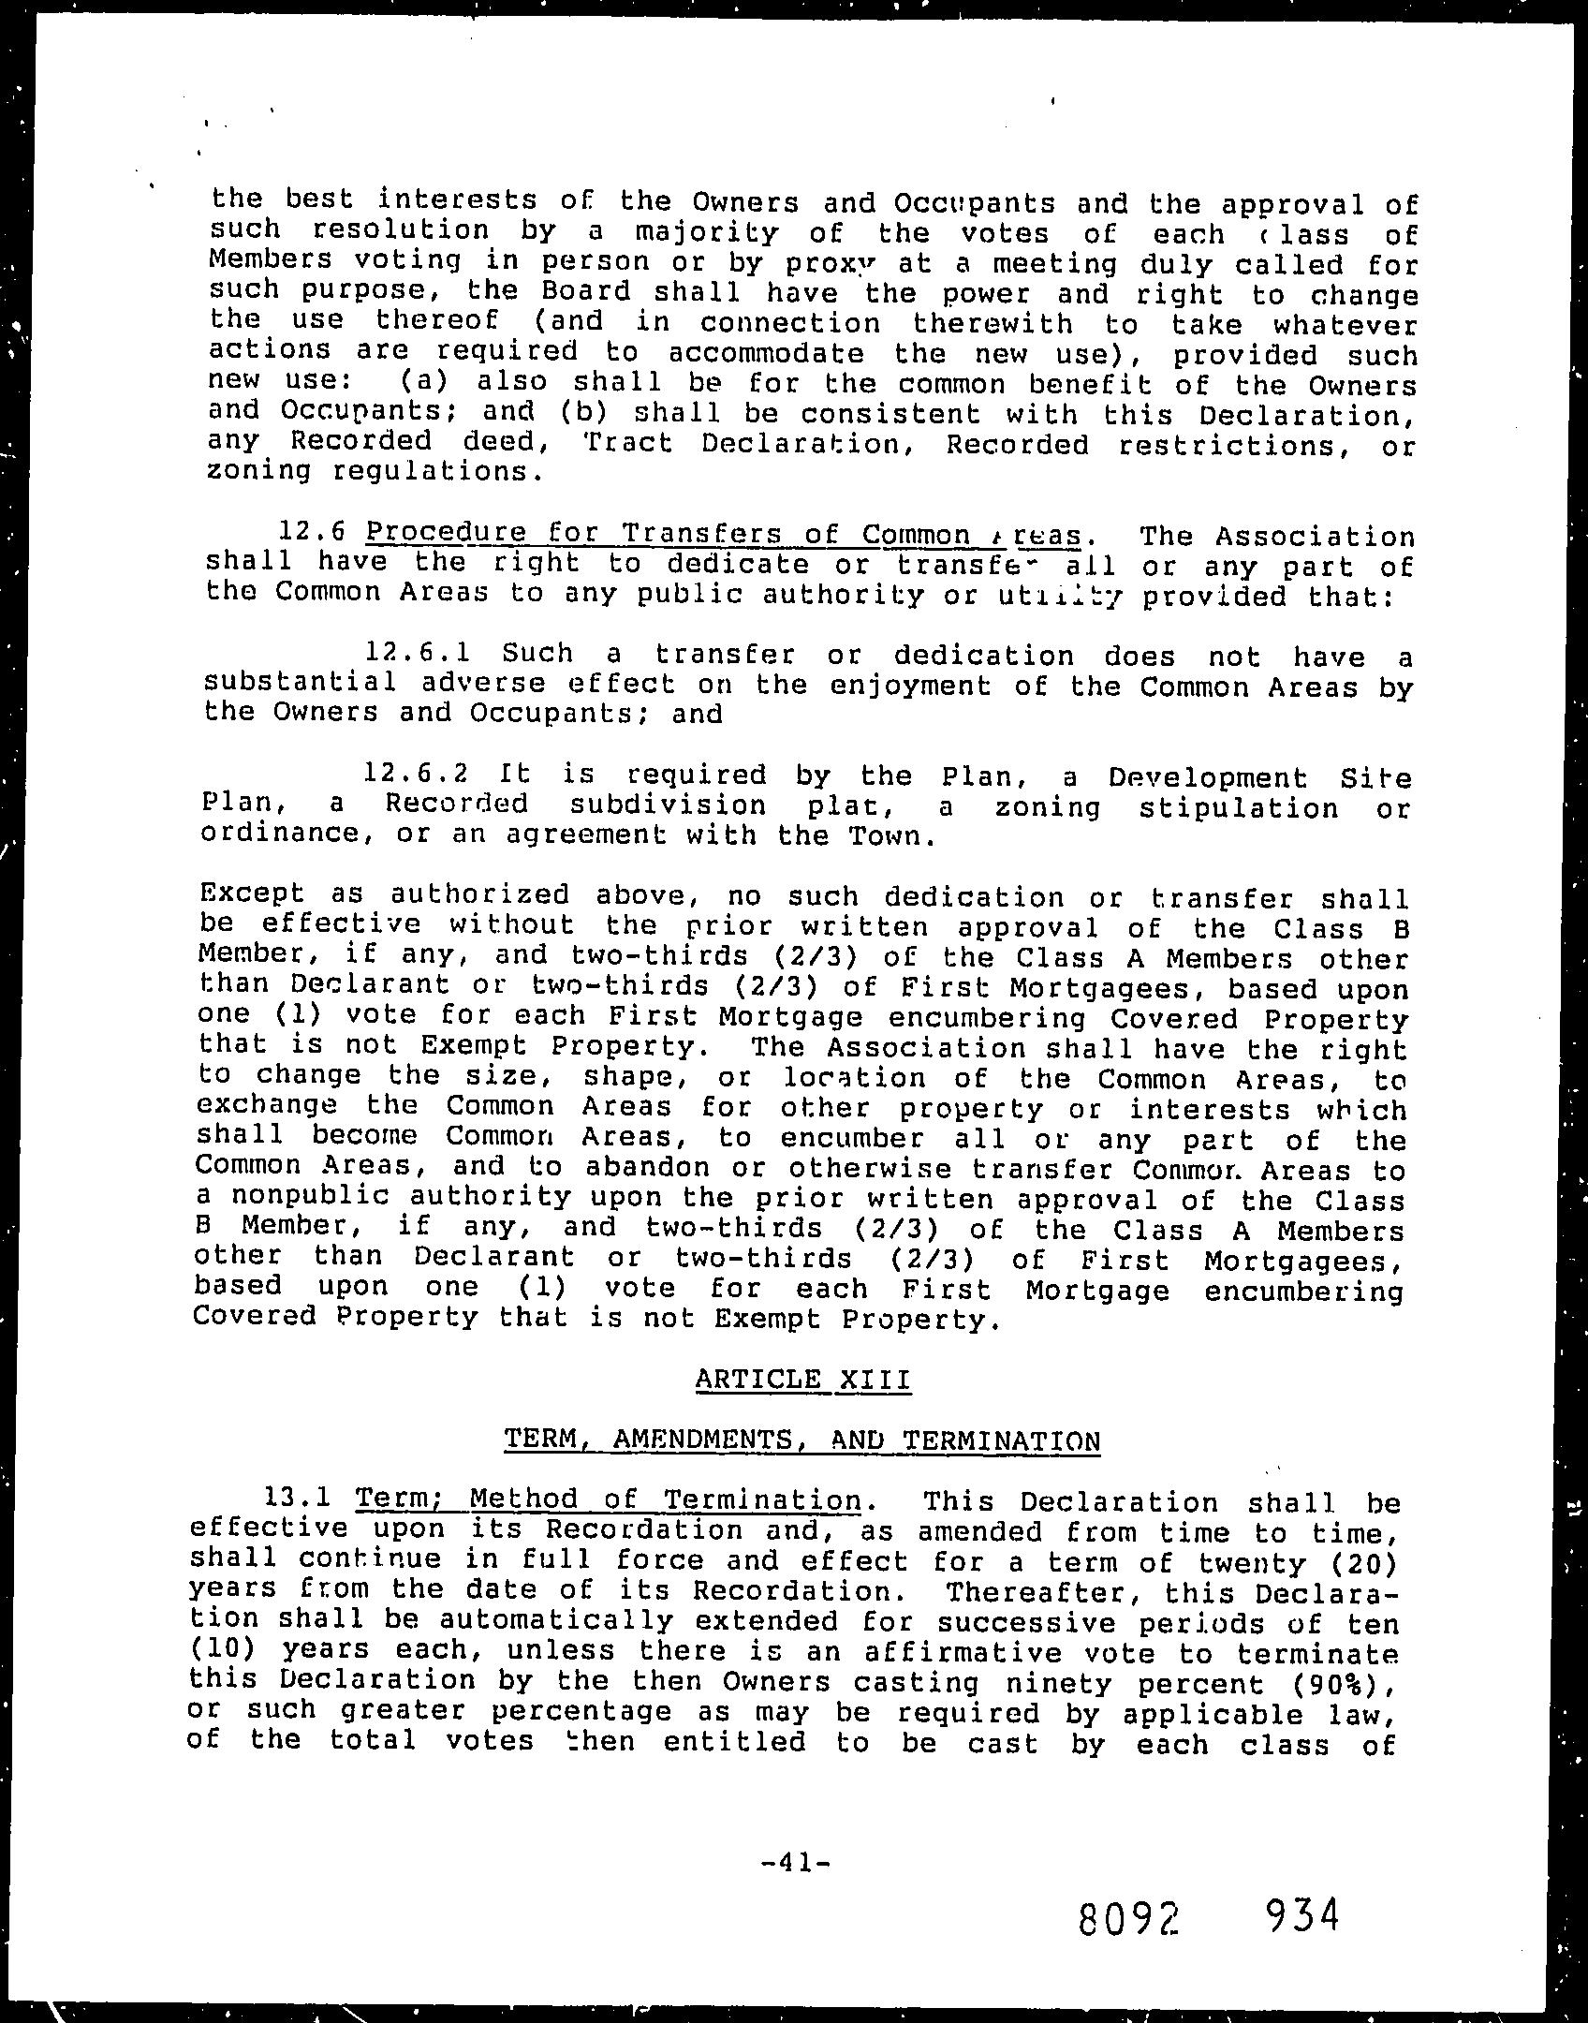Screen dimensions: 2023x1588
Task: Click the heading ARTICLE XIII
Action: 802,1379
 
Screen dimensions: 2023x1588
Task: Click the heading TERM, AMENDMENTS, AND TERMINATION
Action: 801,1440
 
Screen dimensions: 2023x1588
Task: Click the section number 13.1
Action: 297,1499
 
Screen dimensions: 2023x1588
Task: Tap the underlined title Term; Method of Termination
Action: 608,1499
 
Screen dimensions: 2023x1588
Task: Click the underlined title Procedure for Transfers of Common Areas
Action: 725,534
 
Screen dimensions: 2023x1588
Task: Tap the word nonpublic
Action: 310,1197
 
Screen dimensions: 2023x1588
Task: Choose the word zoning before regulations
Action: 257,471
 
